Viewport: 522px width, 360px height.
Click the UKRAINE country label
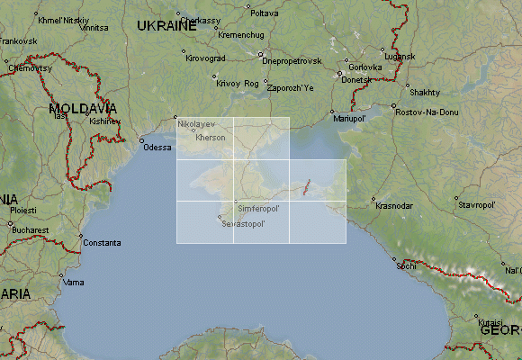166,26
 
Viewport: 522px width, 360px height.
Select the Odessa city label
157,147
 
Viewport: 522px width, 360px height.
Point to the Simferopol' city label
259,208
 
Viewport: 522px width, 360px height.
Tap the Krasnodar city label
394,206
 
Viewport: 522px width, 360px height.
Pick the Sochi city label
408,265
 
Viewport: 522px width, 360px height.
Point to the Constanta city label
101,243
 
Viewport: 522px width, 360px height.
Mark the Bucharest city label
31,229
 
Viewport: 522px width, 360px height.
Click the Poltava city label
264,13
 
